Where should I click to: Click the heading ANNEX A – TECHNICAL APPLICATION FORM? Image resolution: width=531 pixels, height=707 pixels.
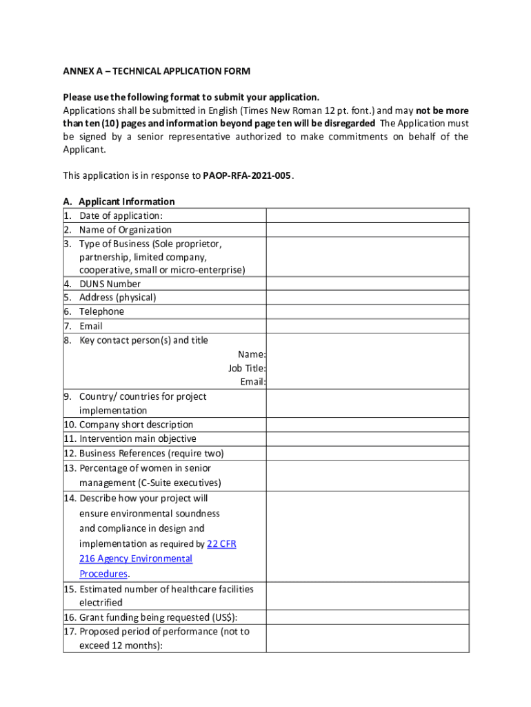point(157,71)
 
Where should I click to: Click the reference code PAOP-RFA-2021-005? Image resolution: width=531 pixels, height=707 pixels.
point(248,175)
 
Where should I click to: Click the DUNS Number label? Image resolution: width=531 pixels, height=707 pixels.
point(110,284)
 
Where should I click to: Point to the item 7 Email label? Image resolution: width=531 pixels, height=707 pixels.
point(90,326)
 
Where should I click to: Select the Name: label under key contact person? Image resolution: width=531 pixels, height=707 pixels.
point(252,354)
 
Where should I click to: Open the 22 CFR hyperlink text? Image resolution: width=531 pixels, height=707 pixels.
point(221,544)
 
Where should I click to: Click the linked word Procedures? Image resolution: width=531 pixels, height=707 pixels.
point(103,574)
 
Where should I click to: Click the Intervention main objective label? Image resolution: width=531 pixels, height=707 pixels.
point(137,438)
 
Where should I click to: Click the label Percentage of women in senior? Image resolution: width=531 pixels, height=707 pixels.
point(148,468)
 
